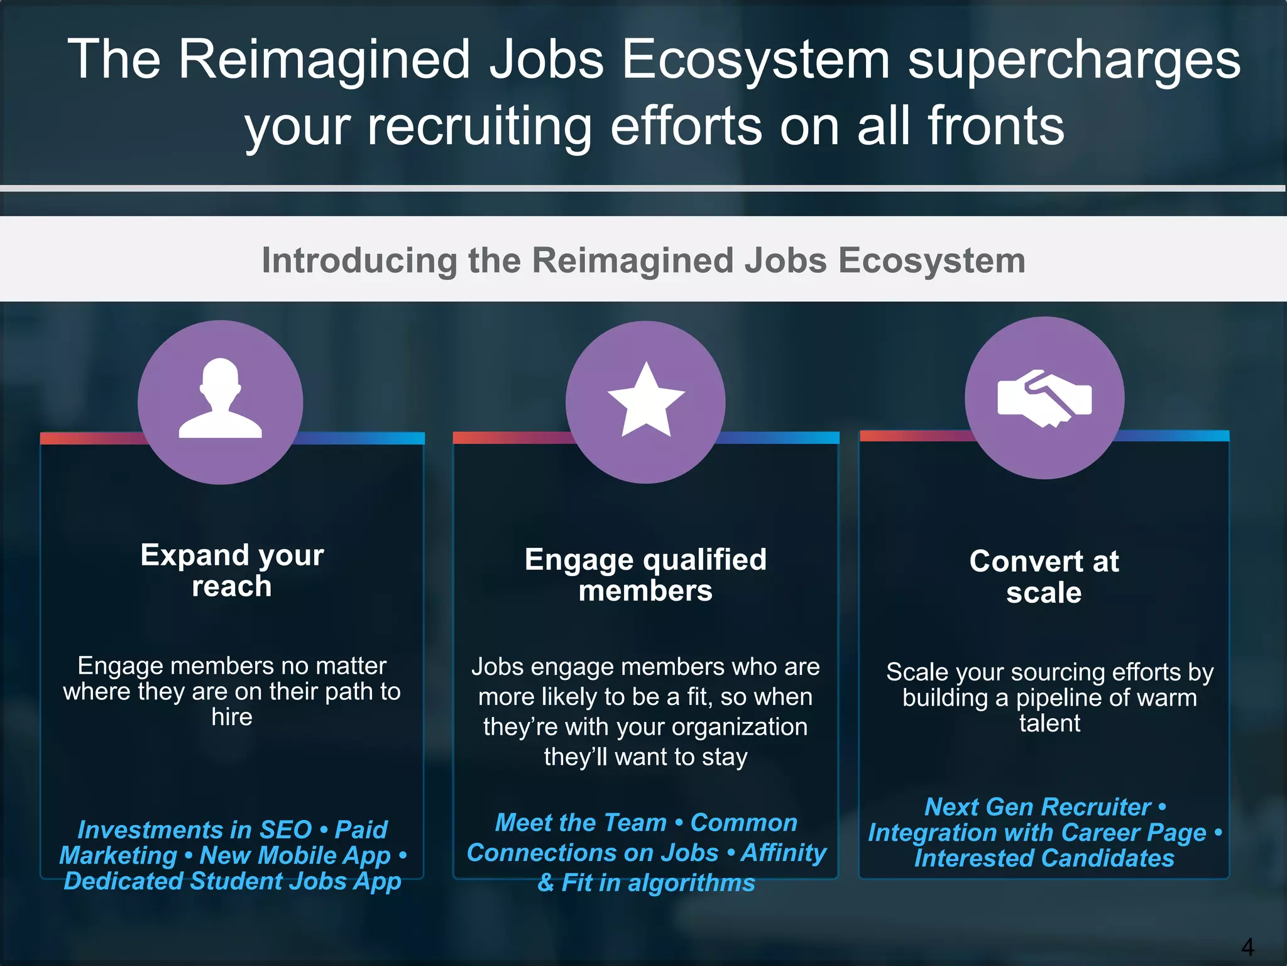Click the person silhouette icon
point(220,399)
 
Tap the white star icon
point(645,400)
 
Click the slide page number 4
point(1247,946)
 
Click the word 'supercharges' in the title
point(1074,60)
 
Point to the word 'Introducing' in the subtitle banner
point(359,260)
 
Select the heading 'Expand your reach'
point(232,570)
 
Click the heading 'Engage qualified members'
point(645,575)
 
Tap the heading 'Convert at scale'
point(1044,576)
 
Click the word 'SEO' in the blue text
point(285,830)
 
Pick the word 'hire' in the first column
point(232,717)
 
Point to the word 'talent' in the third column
point(1049,723)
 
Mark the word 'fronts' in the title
point(995,126)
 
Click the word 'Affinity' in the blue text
point(784,853)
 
